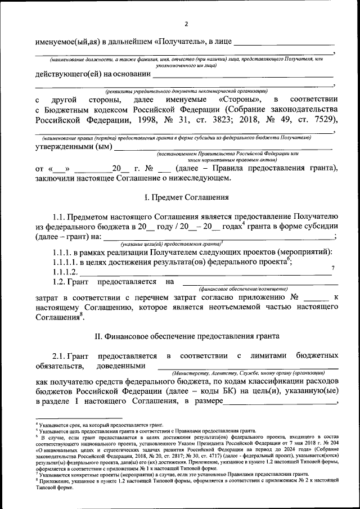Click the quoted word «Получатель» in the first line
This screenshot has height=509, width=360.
click(x=177, y=42)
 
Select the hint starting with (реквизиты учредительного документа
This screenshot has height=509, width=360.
click(x=185, y=91)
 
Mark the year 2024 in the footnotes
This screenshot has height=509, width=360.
click(x=273, y=450)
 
